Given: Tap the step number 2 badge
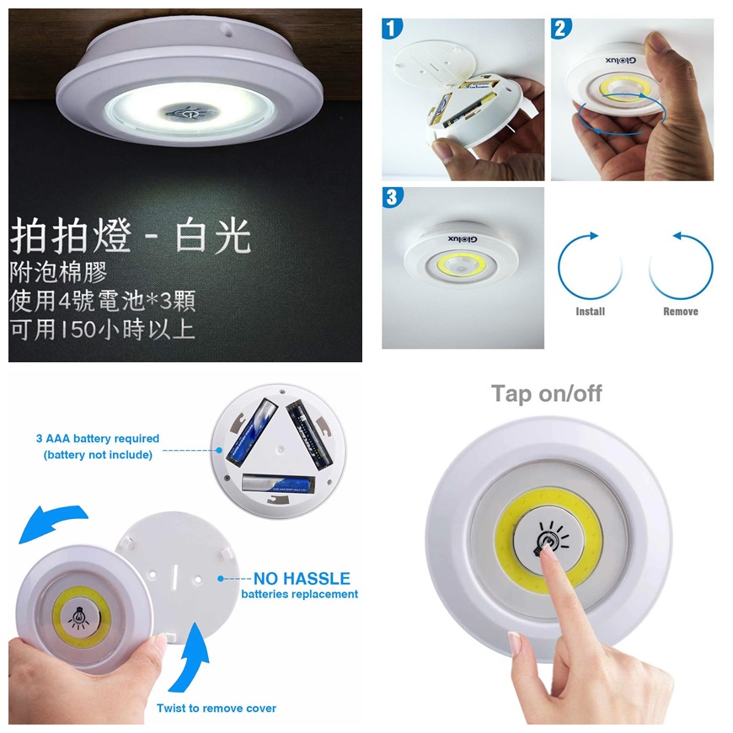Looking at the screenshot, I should pos(561,29).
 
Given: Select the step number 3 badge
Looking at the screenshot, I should pos(391,197).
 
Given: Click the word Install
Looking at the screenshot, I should pos(590,312).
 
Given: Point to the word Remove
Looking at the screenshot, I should pos(680,312).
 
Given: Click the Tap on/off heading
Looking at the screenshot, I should pos(547,393).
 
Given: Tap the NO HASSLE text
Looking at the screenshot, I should pos(302,579).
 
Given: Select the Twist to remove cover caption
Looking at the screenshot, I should pos(217,708).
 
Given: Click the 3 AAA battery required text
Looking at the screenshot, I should pos(98,439).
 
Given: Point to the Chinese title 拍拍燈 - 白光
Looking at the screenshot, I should pos(131,238).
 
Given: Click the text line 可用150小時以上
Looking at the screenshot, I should pos(102,328).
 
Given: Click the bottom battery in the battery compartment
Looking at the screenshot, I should pos(277,483).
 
